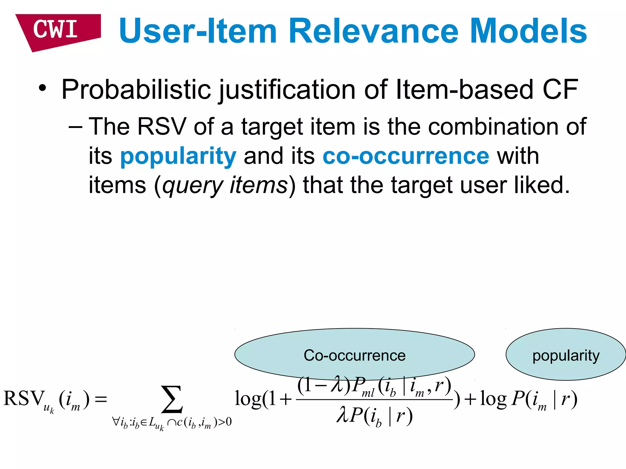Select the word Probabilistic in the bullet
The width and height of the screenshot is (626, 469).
[136, 90]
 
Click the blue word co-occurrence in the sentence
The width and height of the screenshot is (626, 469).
[406, 156]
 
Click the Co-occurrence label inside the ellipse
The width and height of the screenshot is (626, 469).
[354, 355]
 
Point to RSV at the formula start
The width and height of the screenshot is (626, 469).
[24, 398]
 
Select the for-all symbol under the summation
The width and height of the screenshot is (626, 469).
[116, 422]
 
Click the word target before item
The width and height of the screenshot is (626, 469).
[272, 127]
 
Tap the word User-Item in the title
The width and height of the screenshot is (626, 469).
[198, 31]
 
